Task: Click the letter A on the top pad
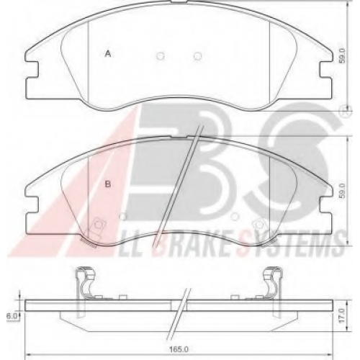pyautogui.click(x=108, y=54)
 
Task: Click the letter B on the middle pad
pyautogui.click(x=108, y=184)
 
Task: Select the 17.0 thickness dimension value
pyautogui.click(x=343, y=315)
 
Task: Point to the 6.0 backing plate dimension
pyautogui.click(x=11, y=316)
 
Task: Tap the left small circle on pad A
pyautogui.click(x=161, y=56)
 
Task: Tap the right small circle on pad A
pyautogui.click(x=197, y=56)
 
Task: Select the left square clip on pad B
pyautogui.click(x=99, y=225)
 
